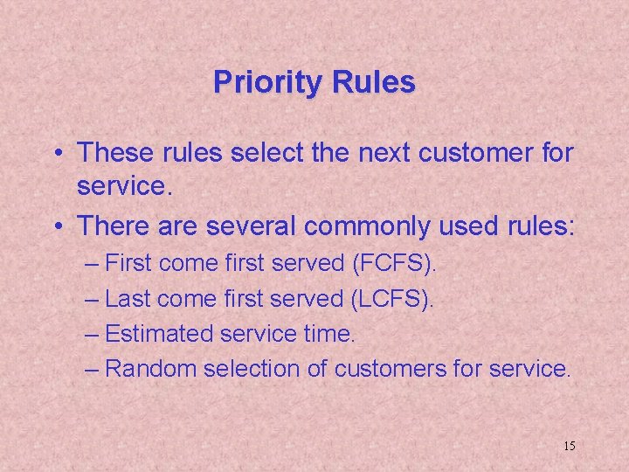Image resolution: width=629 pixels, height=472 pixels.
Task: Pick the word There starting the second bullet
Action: coord(114,226)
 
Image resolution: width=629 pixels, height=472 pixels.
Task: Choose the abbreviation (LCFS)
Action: coord(391,299)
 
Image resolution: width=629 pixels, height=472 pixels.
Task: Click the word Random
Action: coord(150,369)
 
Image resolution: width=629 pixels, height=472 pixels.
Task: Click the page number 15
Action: coord(570,447)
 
